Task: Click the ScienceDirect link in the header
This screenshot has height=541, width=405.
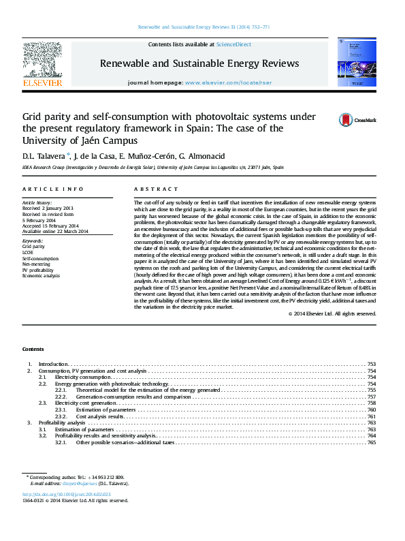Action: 233,44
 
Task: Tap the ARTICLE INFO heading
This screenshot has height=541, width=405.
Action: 53,189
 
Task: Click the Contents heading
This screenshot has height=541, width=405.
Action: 33,348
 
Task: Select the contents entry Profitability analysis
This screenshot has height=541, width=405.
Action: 62,422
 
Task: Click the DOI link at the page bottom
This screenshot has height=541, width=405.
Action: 67,494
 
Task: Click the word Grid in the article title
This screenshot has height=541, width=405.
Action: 32,117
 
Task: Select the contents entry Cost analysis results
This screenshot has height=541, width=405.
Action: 99,416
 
